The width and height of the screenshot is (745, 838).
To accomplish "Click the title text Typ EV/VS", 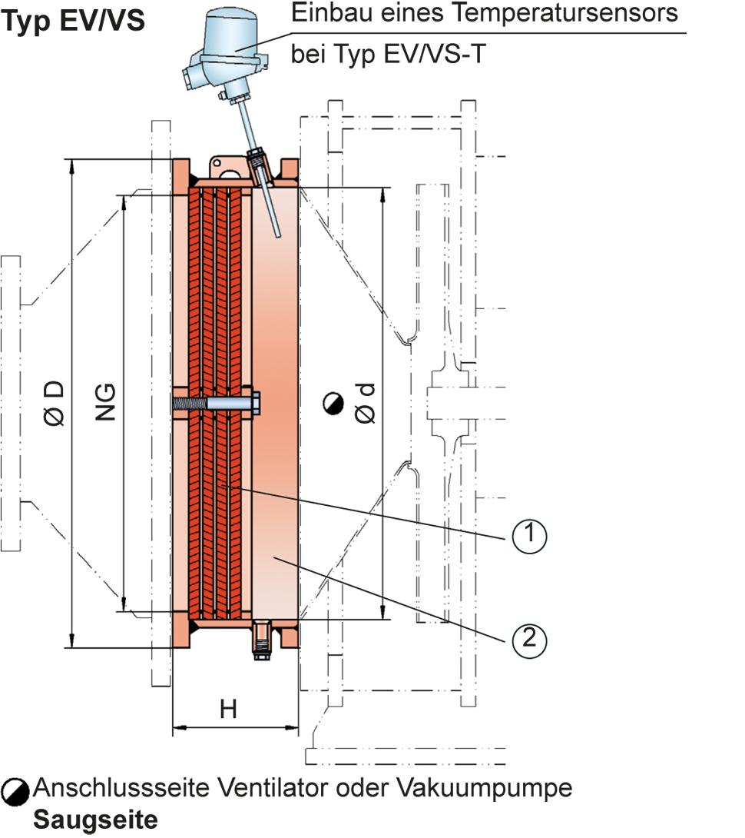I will [73, 20].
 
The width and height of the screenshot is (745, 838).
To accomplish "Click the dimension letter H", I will [228, 710].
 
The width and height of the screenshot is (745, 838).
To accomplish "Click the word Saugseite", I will [94, 820].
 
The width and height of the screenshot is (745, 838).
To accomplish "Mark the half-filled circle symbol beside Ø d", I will [333, 402].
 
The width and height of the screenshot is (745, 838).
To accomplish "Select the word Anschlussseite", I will [116, 789].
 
